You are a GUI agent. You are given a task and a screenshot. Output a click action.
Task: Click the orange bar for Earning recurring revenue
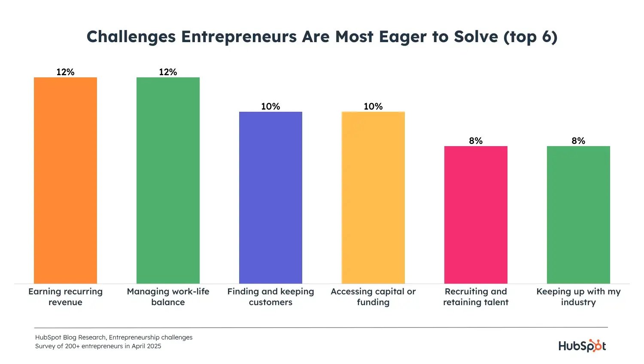(x=65, y=180)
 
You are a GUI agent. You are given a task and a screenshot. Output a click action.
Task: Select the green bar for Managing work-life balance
(x=168, y=180)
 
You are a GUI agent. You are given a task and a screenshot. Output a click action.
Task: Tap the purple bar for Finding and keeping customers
(x=270, y=198)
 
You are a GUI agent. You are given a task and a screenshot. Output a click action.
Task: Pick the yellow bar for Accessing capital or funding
(x=373, y=198)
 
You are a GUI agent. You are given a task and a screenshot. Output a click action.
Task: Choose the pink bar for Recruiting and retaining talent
(x=476, y=215)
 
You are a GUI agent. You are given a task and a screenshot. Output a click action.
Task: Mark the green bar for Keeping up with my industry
(x=578, y=215)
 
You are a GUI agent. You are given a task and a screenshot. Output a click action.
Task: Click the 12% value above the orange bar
(x=65, y=72)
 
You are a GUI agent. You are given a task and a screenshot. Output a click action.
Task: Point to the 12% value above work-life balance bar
(x=168, y=72)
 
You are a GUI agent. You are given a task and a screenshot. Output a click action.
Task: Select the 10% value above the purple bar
(x=270, y=107)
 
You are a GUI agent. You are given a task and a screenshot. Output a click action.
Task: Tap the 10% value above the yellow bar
(x=373, y=107)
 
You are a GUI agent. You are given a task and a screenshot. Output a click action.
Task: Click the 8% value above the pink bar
(x=476, y=141)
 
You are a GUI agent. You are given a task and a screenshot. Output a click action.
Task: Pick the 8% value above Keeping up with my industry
(x=578, y=141)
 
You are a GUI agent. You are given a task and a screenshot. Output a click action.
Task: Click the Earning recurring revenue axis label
(x=65, y=297)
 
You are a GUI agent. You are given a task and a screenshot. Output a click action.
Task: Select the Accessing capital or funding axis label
(x=373, y=297)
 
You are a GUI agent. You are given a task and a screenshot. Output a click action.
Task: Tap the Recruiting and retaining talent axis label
(x=476, y=297)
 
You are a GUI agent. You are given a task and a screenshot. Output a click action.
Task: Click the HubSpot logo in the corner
(x=582, y=346)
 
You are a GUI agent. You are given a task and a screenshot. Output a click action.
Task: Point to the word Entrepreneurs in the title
(x=239, y=37)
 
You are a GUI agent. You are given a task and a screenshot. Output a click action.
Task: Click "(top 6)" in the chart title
(x=530, y=37)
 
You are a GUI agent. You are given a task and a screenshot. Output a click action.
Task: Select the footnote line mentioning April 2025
(x=98, y=346)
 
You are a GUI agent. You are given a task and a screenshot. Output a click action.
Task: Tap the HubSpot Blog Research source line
(x=114, y=337)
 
